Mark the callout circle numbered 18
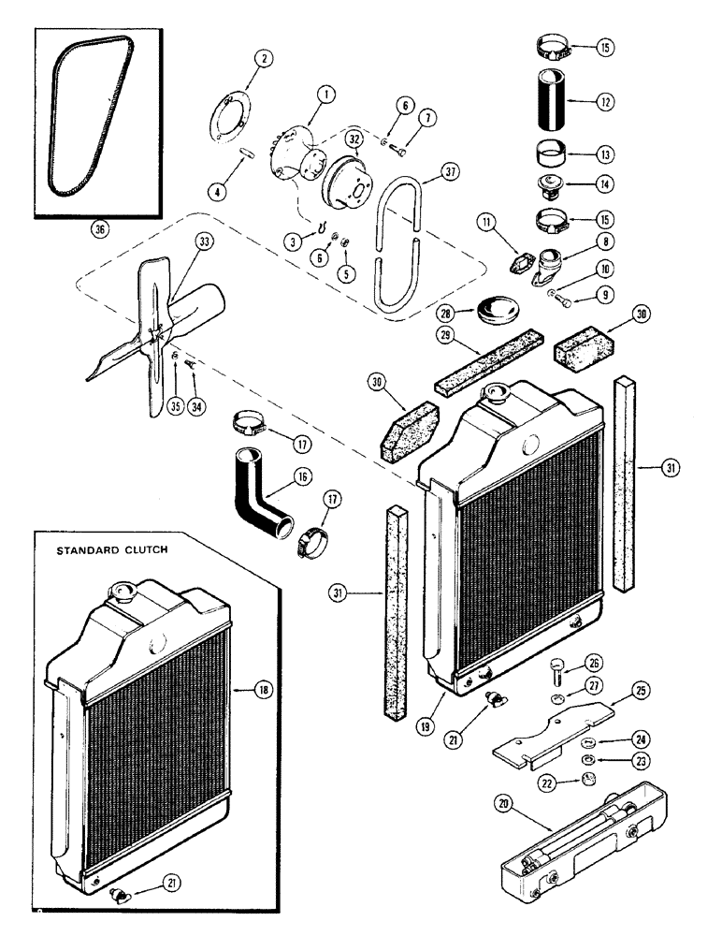pyautogui.click(x=263, y=690)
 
